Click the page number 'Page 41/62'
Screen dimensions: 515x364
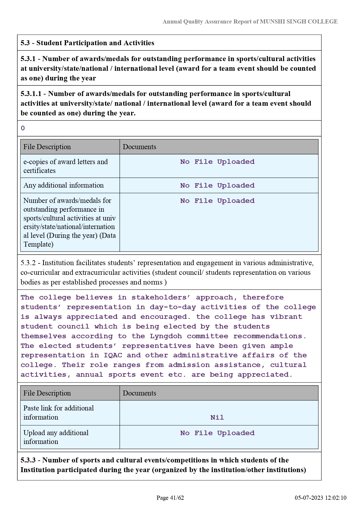pos(170,498)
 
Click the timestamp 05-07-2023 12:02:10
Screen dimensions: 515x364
pos(321,498)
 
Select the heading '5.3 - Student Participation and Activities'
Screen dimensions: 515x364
pos(87,43)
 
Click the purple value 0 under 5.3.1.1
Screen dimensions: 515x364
pos(23,128)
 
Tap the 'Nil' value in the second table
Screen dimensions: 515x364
pos(217,418)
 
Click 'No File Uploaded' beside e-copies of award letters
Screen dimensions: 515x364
pos(217,162)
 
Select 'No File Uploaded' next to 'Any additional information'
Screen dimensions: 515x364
pos(217,186)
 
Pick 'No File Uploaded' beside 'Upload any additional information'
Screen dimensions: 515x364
pos(217,433)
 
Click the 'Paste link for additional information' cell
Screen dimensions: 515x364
pos(59,413)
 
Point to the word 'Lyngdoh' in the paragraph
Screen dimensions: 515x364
pos(166,336)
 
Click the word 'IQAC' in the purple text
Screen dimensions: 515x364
pos(113,355)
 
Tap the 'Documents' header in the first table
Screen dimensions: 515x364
pos(139,147)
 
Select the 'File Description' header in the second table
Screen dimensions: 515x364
pos(47,393)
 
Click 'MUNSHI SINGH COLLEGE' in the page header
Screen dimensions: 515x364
pos(299,21)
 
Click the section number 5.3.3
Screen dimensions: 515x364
pos(30,460)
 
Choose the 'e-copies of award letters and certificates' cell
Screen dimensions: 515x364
pos(65,166)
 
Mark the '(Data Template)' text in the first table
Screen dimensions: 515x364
pos(70,240)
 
